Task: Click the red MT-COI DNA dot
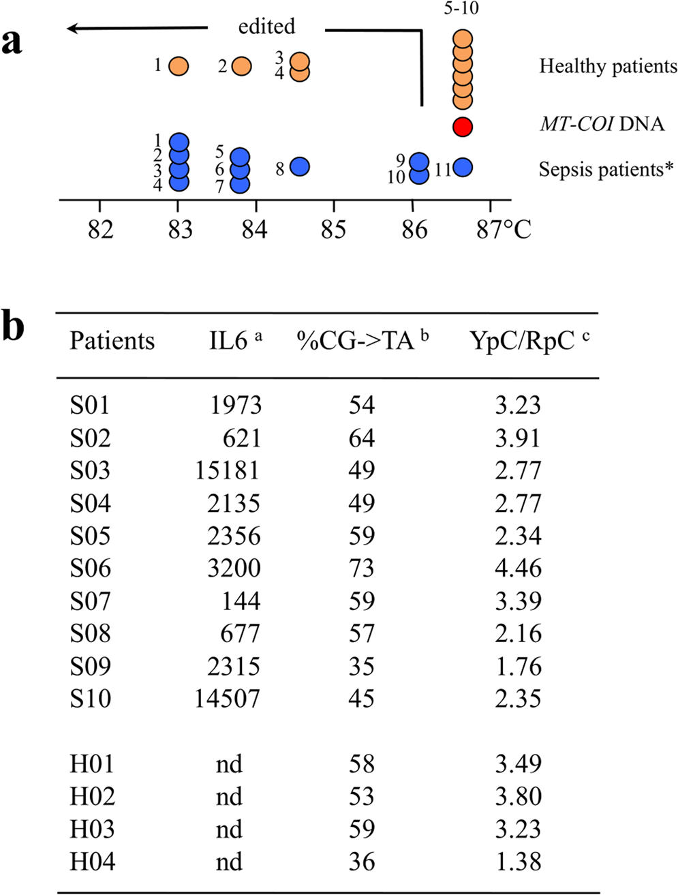[x=463, y=127]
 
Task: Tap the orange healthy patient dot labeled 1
[x=179, y=66]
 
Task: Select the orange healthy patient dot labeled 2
[x=241, y=66]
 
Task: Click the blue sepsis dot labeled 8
[x=300, y=166]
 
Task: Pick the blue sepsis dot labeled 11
[x=463, y=167]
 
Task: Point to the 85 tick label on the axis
[x=333, y=230]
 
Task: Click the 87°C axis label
[x=504, y=230]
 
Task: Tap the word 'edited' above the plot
[x=266, y=27]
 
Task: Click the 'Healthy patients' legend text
[x=608, y=66]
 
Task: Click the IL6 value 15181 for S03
[x=228, y=470]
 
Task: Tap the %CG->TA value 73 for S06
[x=361, y=568]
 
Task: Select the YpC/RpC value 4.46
[x=518, y=568]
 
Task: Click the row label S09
[x=90, y=666]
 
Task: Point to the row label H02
[x=92, y=796]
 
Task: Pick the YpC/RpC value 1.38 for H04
[x=518, y=862]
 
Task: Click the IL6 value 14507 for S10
[x=228, y=699]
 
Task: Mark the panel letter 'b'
[x=13, y=327]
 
